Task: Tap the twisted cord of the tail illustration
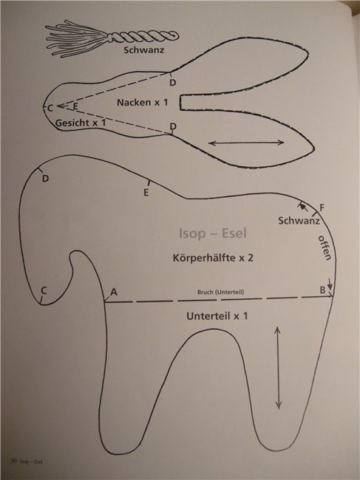pyautogui.click(x=143, y=37)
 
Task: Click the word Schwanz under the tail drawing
pyautogui.click(x=144, y=50)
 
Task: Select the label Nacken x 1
pyautogui.click(x=143, y=102)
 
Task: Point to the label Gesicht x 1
pyautogui.click(x=81, y=123)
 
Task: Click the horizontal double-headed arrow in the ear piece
pyautogui.click(x=246, y=143)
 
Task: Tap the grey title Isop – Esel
pyautogui.click(x=213, y=233)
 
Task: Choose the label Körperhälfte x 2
pyautogui.click(x=213, y=258)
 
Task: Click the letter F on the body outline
pyautogui.click(x=322, y=208)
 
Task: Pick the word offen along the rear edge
pyautogui.click(x=325, y=247)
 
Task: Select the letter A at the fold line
pyautogui.click(x=114, y=292)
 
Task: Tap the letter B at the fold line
pyautogui.click(x=322, y=289)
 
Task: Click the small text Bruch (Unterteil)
pyautogui.click(x=220, y=292)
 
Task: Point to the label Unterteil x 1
pyautogui.click(x=217, y=316)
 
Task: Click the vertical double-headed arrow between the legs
pyautogui.click(x=278, y=368)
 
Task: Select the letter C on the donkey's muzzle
pyautogui.click(x=44, y=290)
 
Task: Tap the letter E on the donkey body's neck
pyautogui.click(x=146, y=193)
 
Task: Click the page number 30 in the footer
pyautogui.click(x=13, y=461)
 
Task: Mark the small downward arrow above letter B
pyautogui.click(x=330, y=284)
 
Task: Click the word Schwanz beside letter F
pyautogui.click(x=299, y=220)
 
